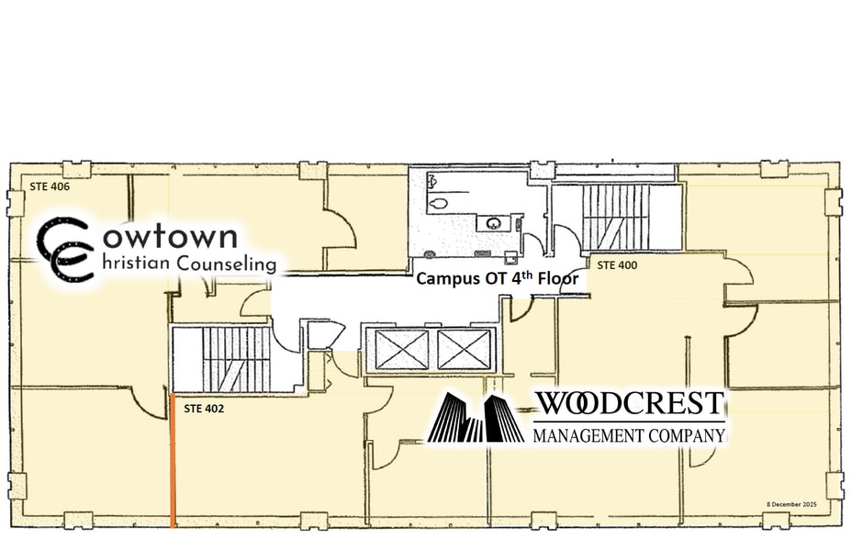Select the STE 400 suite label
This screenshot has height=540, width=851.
pos(618,264)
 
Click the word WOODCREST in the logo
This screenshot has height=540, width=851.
pos(630,404)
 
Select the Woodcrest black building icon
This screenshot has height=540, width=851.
pos(476,418)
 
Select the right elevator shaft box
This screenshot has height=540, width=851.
pos(463,349)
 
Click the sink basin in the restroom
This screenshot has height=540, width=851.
pos(494,222)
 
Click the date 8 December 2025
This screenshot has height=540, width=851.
pos(790,504)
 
